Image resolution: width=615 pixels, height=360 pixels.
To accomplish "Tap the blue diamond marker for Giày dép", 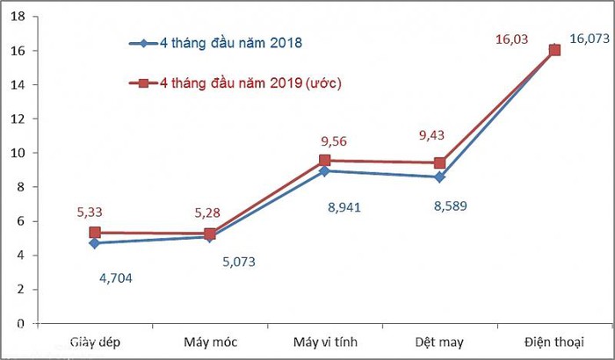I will tap(95, 243).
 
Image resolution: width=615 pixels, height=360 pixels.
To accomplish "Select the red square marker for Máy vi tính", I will tap(325, 161).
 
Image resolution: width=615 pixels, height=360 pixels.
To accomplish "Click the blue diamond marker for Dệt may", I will tap(439, 177).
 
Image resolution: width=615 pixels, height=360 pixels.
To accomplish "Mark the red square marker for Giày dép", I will tap(95, 233).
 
